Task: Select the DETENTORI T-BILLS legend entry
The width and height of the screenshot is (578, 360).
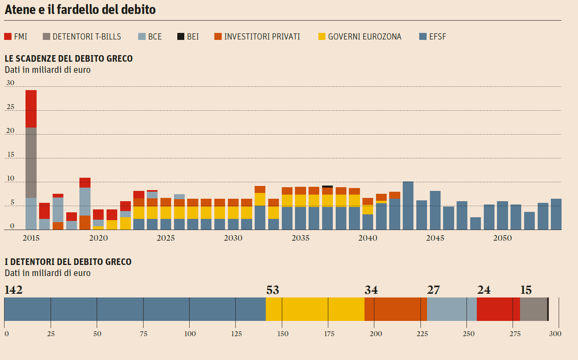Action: coord(82,37)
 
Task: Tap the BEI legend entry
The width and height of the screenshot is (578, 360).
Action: coord(188,37)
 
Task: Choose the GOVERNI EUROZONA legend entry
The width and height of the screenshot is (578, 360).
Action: coord(360,37)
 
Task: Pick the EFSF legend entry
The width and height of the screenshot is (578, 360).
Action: coord(432,37)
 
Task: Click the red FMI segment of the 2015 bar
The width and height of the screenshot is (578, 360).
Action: coord(31,109)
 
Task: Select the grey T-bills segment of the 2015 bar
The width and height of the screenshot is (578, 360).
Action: coord(31,163)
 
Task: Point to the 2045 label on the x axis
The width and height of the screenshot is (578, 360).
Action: coord(435,238)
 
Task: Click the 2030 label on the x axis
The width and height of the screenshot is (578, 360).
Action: coord(233,238)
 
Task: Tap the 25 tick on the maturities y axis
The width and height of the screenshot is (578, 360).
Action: coord(10,107)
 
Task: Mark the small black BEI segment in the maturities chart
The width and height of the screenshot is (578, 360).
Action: coord(327,186)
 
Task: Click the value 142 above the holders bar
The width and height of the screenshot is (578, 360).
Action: coord(13,290)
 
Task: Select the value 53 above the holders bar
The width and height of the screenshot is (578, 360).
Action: coord(272,290)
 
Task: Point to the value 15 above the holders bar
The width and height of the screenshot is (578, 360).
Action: coord(526,290)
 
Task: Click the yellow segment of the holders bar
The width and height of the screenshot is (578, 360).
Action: coord(315,309)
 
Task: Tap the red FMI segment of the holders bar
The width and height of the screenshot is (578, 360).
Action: coord(498,309)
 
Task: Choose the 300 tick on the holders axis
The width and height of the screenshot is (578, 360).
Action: coord(555,334)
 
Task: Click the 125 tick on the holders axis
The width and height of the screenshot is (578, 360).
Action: coord(236,334)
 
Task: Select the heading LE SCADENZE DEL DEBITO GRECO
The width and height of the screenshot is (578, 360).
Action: coord(69,58)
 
